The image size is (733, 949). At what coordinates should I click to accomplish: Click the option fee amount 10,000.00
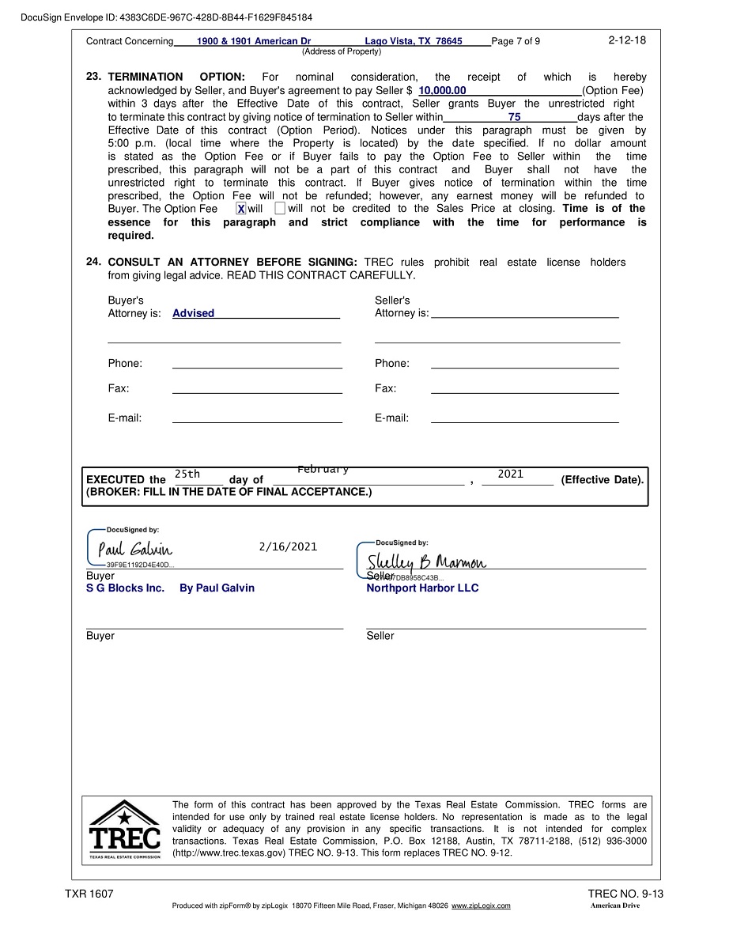442,91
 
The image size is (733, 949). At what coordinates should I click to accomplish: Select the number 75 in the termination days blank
515,117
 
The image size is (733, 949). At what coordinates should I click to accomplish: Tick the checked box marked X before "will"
241,209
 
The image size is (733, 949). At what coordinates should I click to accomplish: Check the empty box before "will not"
280,209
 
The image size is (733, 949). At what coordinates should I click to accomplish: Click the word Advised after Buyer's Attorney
193,314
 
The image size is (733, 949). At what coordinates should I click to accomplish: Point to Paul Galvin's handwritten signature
134,549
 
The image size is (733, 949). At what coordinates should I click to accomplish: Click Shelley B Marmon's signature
426,561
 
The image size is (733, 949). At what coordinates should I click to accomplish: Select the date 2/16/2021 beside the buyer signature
288,546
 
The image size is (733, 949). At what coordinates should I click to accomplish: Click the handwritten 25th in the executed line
187,475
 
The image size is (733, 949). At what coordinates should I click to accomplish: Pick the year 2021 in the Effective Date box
511,475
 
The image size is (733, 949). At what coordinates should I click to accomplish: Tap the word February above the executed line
323,470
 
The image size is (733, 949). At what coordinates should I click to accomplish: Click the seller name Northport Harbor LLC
422,588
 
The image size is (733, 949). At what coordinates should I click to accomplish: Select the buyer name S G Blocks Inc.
125,588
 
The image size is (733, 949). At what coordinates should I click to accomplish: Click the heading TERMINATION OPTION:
176,78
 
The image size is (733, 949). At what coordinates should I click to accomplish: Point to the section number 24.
93,262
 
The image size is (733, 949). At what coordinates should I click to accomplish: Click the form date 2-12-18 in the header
627,40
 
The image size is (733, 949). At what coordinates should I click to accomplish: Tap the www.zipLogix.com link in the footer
481,906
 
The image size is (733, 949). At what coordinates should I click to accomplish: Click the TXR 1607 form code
89,894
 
